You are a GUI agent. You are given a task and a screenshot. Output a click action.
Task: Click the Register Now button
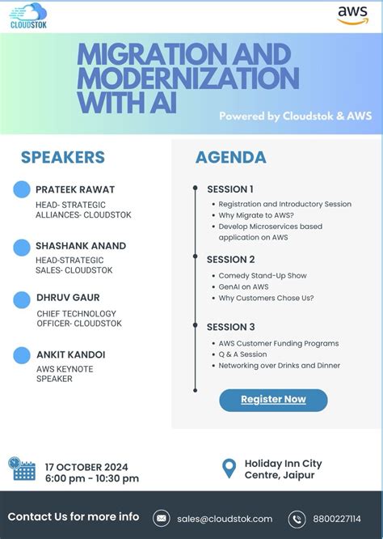273,399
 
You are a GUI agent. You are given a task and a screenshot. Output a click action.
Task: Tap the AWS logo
352,16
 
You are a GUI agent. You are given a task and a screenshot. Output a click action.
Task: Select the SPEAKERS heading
63,157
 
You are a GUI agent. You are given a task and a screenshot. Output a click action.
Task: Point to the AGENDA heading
231,157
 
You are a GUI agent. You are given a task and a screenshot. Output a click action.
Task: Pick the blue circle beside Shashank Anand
23,246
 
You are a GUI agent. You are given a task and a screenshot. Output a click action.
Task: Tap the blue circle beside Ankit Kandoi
23,354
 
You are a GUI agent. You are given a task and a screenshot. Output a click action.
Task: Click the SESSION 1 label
230,189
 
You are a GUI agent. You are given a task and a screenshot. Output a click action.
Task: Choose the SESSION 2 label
231,260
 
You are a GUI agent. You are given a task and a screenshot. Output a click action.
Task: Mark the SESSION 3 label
231,327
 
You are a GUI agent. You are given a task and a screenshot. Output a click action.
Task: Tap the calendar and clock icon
22,469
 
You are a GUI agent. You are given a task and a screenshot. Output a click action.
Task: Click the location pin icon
230,469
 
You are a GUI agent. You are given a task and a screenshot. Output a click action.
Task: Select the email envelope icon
162,519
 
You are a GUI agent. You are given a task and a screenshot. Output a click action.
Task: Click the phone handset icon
297,519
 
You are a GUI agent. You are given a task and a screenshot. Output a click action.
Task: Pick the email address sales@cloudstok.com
225,519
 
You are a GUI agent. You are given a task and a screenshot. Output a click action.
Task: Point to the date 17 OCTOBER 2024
86,466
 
